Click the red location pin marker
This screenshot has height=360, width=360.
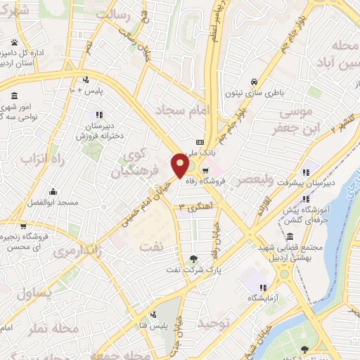tap(180, 165)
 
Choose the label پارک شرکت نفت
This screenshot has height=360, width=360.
tap(194, 270)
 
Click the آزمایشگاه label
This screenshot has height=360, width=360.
tap(262, 298)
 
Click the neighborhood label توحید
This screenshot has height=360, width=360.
tap(214, 323)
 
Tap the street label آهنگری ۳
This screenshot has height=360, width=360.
tap(194, 207)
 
